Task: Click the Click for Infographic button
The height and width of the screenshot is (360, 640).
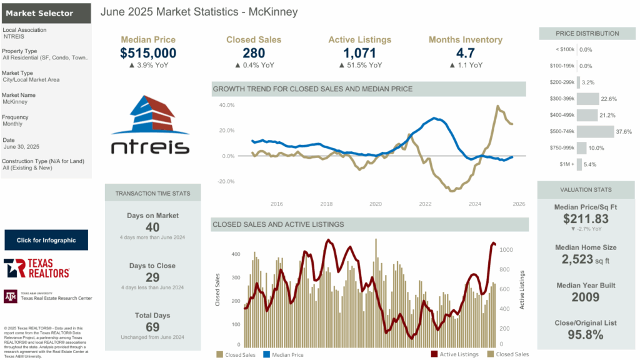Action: [x=46, y=240]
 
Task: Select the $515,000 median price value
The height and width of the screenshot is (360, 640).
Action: [x=148, y=53]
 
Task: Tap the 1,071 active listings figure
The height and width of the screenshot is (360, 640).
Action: [x=359, y=53]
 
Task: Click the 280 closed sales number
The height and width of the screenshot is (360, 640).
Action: [x=254, y=53]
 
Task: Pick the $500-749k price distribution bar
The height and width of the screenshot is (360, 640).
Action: [x=595, y=132]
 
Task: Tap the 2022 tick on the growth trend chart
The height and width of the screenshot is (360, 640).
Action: [x=425, y=204]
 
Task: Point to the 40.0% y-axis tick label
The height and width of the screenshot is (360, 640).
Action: [x=226, y=106]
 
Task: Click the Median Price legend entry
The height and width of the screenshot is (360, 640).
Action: [x=286, y=354]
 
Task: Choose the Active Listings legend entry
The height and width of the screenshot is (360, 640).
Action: [x=459, y=354]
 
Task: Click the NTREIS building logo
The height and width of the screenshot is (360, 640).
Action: [x=149, y=125]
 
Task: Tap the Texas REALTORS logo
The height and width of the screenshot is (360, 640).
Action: [x=37, y=268]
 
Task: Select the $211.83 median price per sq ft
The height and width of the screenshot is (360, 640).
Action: [x=586, y=219]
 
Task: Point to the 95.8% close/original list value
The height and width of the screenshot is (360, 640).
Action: [x=586, y=334]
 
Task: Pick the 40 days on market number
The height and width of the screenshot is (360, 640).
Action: [x=152, y=227]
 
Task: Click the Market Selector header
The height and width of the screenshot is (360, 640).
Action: [x=39, y=13]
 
